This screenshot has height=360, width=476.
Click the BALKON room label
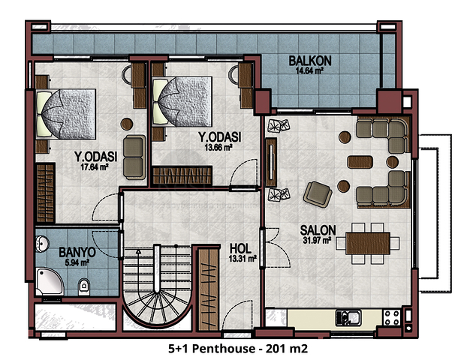tap(310, 61)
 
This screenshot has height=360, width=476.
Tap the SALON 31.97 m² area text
tap(317, 241)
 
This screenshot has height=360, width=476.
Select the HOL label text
tap(240, 249)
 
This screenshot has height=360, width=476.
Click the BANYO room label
tap(77, 252)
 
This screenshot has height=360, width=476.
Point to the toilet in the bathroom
tap(84, 286)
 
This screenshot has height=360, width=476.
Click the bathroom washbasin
tap(41, 244)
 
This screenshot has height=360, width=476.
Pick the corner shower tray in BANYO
tap(50, 281)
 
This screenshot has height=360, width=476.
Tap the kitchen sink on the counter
tap(348, 317)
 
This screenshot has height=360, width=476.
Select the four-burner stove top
tap(392, 317)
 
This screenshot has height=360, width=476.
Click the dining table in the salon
tap(368, 243)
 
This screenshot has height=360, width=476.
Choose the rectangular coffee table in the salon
tap(360, 162)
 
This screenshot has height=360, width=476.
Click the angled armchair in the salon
tap(318, 194)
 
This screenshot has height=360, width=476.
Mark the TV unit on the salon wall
tap(271, 162)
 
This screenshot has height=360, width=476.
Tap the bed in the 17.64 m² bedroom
tap(66, 114)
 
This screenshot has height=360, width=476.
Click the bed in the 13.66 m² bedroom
tap(182, 101)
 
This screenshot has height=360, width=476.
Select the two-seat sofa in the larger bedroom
tap(134, 157)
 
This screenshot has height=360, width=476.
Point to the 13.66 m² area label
tap(218, 148)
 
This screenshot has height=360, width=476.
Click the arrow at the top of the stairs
tap(138, 251)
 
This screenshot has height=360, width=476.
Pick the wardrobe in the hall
tap(209, 289)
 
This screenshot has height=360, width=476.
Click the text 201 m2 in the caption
tap(286, 349)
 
